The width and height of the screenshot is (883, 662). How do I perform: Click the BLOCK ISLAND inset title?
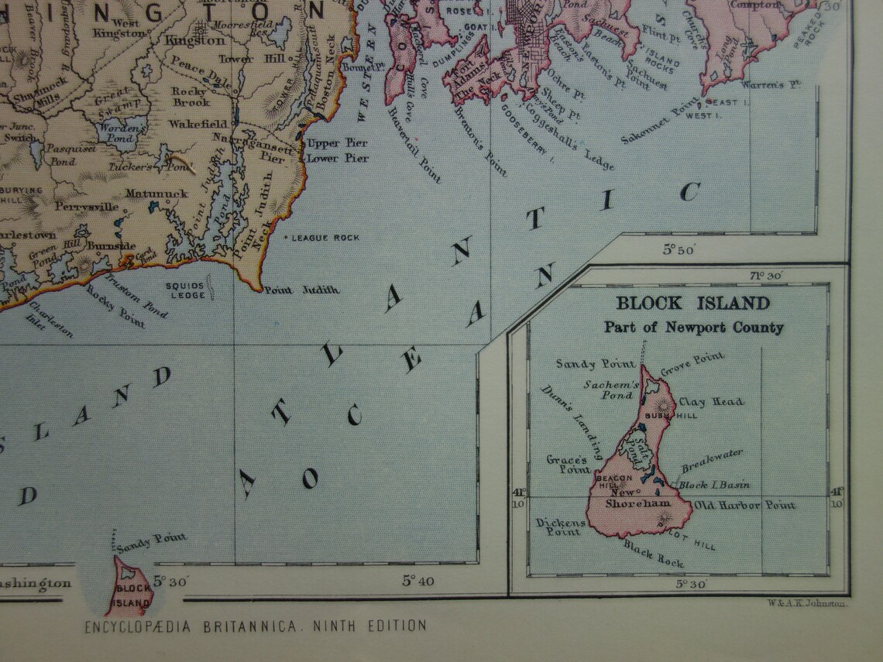coord(692,304)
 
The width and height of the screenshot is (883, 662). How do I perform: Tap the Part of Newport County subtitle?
coord(693,328)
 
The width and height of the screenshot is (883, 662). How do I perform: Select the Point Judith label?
coord(302,290)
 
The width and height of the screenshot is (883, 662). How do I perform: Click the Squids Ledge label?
coord(186,290)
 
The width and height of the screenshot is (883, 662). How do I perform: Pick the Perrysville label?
coord(87,208)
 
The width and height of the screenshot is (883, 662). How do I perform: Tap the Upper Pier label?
coord(337,144)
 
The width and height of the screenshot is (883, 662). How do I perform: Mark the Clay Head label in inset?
coord(711,402)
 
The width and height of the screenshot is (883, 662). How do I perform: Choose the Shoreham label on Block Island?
coord(627,503)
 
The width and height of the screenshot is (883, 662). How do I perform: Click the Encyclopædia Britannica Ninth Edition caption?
coord(255,626)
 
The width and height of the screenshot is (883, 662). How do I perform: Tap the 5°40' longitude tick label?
coord(417,581)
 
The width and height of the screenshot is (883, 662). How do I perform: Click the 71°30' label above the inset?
coord(764,276)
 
